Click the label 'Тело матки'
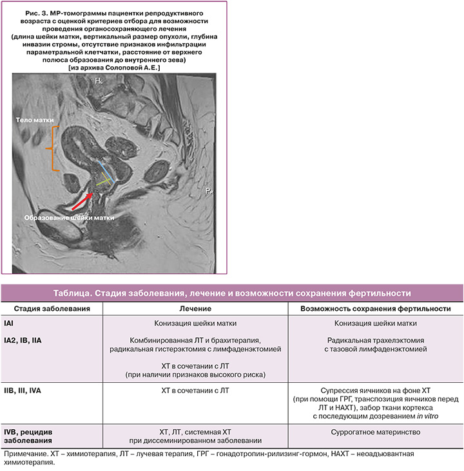(35, 120)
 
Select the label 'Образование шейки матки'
(70, 217)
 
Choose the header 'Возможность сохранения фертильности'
(375, 309)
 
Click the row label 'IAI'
(9, 322)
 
